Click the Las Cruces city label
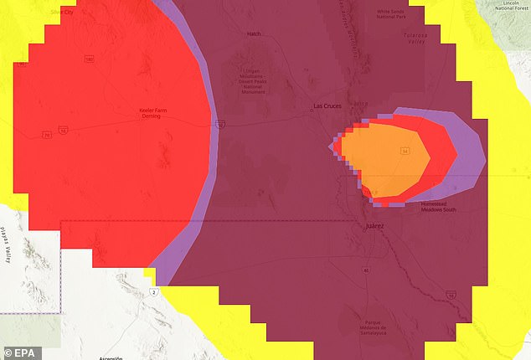pos(329,105)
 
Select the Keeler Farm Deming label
pos(150,113)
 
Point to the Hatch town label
pos(254,34)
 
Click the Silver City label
pos(63,12)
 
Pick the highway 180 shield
pos(87,59)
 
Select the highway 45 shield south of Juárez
pos(365,270)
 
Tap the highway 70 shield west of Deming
pos(47,134)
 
